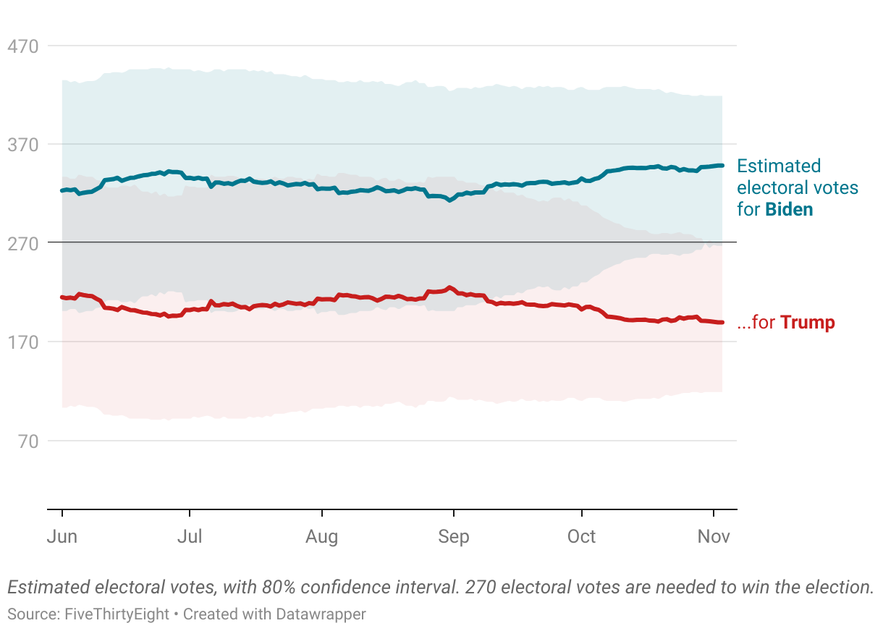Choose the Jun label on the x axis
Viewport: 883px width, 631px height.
point(62,537)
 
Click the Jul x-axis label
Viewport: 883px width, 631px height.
point(190,537)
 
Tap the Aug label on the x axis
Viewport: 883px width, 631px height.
point(321,537)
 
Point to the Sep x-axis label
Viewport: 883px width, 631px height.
point(453,537)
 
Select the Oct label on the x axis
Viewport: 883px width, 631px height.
point(581,537)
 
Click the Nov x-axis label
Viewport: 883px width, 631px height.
point(714,537)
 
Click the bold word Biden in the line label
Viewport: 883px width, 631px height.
point(789,210)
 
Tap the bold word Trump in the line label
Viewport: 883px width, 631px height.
point(807,323)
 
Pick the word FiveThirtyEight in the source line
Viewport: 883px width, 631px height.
point(117,614)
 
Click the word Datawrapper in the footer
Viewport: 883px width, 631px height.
point(319,614)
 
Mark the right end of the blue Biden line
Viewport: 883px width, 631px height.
point(722,166)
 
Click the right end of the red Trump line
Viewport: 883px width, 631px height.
point(722,323)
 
